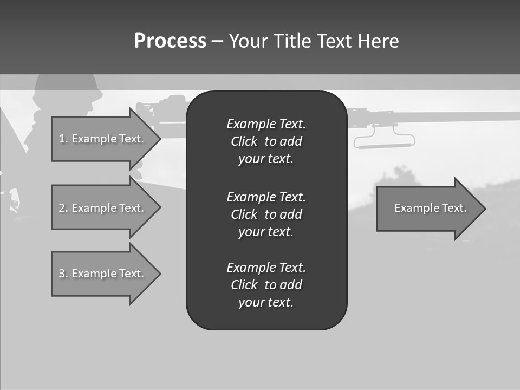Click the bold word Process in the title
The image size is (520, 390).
click(x=170, y=41)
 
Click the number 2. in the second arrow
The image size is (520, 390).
click(x=63, y=208)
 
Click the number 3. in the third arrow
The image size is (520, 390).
click(x=63, y=274)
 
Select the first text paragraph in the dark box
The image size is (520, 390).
click(x=266, y=141)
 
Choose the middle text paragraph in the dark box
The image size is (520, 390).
click(x=266, y=214)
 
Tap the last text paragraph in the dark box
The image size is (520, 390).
click(x=266, y=285)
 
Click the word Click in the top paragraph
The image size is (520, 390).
click(x=244, y=142)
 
